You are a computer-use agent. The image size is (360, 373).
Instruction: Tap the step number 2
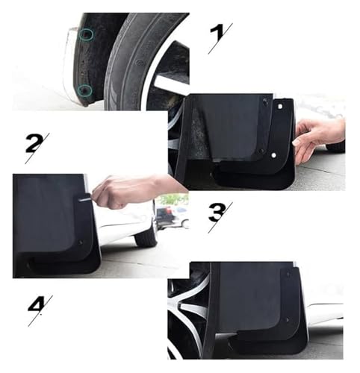[x=34, y=143]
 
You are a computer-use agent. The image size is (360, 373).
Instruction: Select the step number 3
[x=217, y=212]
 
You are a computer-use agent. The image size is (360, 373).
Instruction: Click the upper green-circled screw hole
[x=86, y=34]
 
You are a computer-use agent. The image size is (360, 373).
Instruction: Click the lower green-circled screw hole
[x=84, y=90]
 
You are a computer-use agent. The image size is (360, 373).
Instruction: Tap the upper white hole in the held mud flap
[x=280, y=107]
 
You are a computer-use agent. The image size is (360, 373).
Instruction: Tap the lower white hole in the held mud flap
[x=273, y=155]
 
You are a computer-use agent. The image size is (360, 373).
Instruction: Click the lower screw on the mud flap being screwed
[x=81, y=242]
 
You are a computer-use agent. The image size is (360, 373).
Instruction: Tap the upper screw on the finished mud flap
[x=288, y=274]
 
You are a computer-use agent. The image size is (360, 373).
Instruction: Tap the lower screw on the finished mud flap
[x=288, y=320]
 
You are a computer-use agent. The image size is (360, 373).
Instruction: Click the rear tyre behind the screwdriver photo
[x=146, y=238]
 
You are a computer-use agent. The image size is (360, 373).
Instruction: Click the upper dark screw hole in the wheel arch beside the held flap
[x=265, y=101]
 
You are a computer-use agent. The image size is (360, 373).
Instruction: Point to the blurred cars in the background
[x=172, y=214]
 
